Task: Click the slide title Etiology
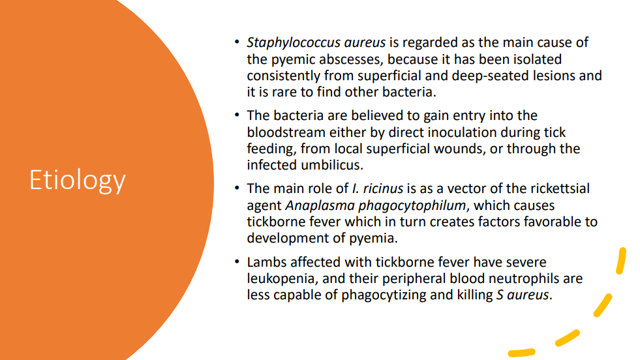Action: click(77, 179)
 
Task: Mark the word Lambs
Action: click(266, 263)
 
